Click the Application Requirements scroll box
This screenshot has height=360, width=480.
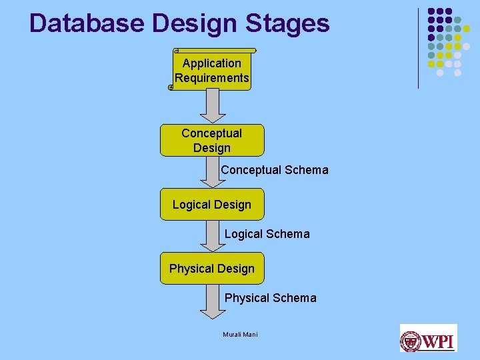pyautogui.click(x=212, y=70)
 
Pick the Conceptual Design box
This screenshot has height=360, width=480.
pyautogui.click(x=212, y=140)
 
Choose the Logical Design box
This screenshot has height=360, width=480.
pyautogui.click(x=212, y=205)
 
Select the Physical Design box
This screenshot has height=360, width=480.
pyautogui.click(x=212, y=269)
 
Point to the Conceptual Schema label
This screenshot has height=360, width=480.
pyautogui.click(x=275, y=170)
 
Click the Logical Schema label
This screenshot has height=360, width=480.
pyautogui.click(x=267, y=234)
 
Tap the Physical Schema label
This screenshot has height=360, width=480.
pyautogui.click(x=270, y=298)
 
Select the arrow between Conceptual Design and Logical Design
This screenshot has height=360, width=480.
pyautogui.click(x=212, y=172)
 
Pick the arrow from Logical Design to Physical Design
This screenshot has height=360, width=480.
pyautogui.click(x=212, y=236)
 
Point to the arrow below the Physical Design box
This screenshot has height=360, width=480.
pyautogui.click(x=212, y=301)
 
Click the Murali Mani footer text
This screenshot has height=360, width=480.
pyautogui.click(x=240, y=334)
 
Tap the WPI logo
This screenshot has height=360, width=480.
pyautogui.click(x=428, y=338)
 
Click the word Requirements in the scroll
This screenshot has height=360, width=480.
pyautogui.click(x=212, y=78)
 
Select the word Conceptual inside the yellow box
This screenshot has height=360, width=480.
pyautogui.click(x=212, y=133)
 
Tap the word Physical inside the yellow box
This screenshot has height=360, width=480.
pyautogui.click(x=191, y=269)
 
